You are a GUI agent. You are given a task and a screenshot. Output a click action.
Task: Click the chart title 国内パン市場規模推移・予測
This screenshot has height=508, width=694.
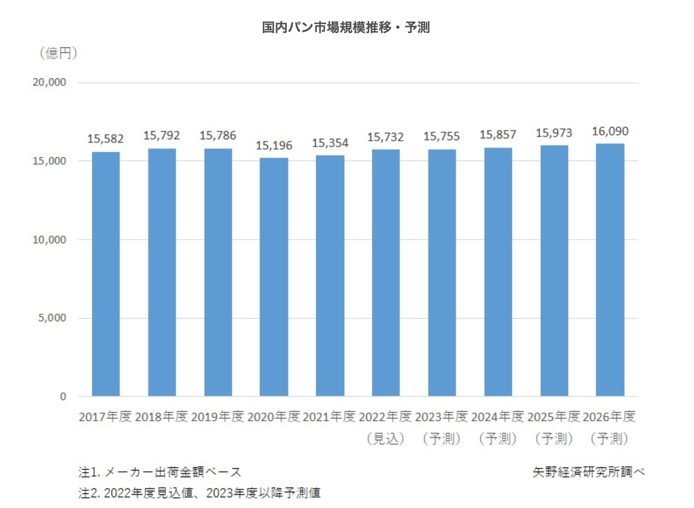[x=346, y=28]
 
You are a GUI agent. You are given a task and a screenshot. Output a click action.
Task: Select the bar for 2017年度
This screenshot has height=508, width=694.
[x=106, y=274]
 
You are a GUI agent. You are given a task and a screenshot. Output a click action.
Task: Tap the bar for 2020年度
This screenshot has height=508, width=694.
[x=274, y=277]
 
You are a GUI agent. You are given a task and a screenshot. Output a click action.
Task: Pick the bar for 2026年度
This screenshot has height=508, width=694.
[x=610, y=270]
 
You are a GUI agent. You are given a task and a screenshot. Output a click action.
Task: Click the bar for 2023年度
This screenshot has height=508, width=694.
[x=442, y=273]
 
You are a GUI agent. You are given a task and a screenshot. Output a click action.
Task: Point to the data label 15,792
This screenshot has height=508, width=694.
[x=162, y=136]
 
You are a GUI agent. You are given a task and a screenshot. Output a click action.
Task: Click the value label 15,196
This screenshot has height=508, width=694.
[x=274, y=146]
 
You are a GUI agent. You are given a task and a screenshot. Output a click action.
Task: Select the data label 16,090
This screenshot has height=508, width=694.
[x=610, y=132]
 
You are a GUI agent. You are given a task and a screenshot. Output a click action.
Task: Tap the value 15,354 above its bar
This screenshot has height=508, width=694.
[x=330, y=143]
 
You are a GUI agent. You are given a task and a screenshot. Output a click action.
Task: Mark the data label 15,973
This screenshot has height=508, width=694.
[x=554, y=133]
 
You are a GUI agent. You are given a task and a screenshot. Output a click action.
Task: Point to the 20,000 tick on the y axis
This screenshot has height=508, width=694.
[x=49, y=82]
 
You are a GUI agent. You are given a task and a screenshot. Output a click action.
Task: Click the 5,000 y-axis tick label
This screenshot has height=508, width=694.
[x=52, y=318]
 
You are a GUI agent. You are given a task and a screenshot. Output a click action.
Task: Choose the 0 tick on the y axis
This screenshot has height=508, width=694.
[x=63, y=396]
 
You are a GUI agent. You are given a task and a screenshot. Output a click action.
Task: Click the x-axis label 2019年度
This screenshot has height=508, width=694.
[x=218, y=416]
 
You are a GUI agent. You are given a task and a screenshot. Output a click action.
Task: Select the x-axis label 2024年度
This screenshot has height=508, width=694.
[x=497, y=416]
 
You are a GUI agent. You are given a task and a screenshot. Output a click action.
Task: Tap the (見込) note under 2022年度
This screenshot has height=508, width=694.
[x=385, y=438]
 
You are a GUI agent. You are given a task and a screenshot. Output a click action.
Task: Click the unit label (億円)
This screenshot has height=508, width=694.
[x=59, y=53]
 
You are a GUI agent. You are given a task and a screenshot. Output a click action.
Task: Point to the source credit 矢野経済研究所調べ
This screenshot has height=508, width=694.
[x=588, y=472]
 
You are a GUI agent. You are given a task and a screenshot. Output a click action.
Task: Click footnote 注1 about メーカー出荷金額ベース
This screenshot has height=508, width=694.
[x=159, y=472]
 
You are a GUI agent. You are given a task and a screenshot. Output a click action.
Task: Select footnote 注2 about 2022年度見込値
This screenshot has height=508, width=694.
[x=199, y=493]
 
